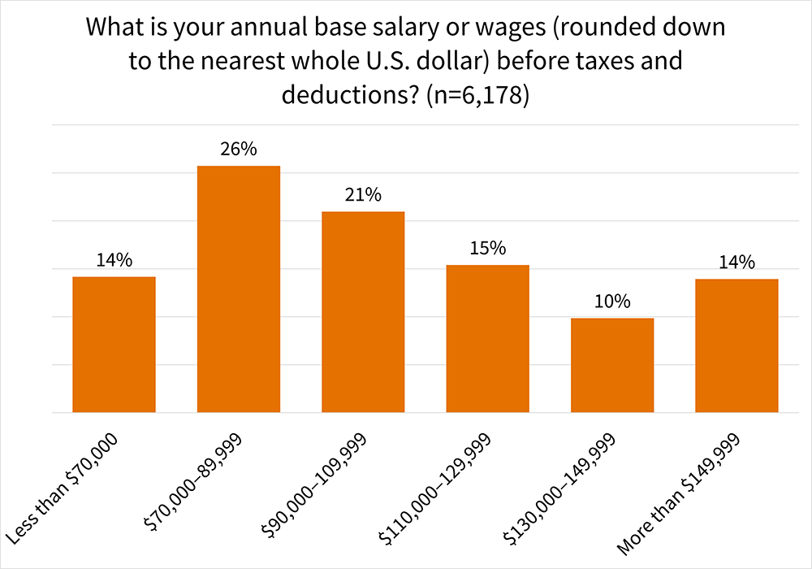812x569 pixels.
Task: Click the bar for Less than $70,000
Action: pos(114,345)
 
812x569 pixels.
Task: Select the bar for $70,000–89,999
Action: pos(239,289)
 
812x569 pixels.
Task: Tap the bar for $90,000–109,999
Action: pos(363,312)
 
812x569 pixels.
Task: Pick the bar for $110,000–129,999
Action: pos(487,339)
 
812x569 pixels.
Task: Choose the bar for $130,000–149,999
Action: pos(612,365)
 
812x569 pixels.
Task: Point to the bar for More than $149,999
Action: pos(736,345)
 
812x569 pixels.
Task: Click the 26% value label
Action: pos(239,150)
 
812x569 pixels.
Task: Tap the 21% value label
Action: pos(363,195)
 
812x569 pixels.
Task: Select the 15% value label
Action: pos(487,248)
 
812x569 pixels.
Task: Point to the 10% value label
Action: pos(612,302)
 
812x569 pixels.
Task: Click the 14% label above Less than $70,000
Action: pos(114,260)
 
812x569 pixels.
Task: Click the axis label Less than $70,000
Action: pos(63,488)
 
